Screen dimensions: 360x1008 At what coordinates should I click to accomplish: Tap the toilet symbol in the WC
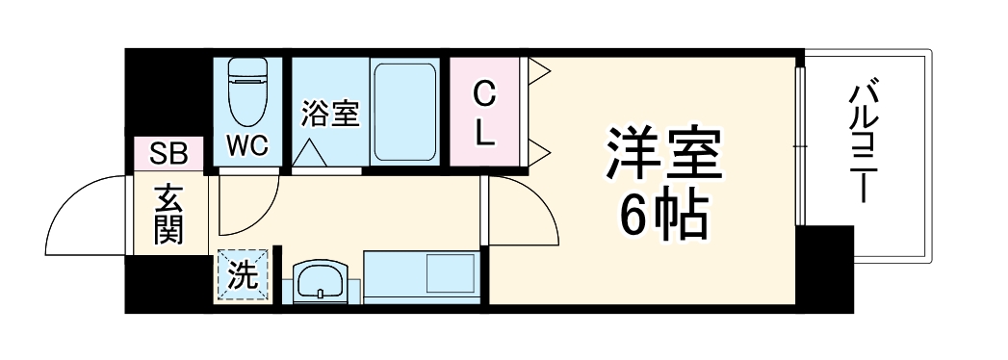pyautogui.click(x=247, y=91)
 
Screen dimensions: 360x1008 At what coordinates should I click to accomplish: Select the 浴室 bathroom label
pyautogui.click(x=329, y=114)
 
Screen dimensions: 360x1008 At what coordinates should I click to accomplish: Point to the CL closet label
pyautogui.click(x=485, y=113)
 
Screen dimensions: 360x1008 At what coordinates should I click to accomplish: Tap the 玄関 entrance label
pyautogui.click(x=168, y=217)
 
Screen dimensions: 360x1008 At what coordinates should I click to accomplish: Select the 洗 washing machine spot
pyautogui.click(x=242, y=277)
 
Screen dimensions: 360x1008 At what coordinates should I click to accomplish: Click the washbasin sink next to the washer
pyautogui.click(x=319, y=282)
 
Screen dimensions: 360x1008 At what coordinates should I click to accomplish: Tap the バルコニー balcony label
pyautogui.click(x=862, y=144)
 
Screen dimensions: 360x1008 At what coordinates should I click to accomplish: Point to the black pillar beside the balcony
pyautogui.click(x=826, y=268)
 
